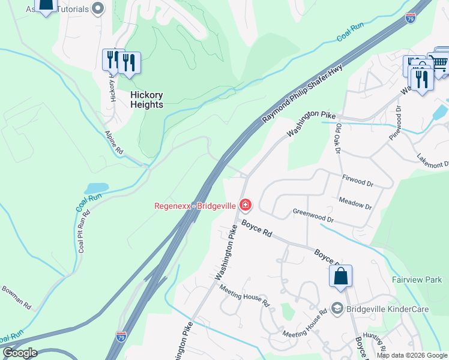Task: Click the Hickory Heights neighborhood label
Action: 146,100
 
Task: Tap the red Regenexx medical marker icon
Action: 245,205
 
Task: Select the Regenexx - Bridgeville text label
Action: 195,205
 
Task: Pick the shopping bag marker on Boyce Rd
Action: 340,277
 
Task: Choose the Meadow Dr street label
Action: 355,204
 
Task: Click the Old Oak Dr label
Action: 338,137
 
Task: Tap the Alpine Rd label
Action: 113,144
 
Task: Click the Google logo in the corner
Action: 20,353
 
